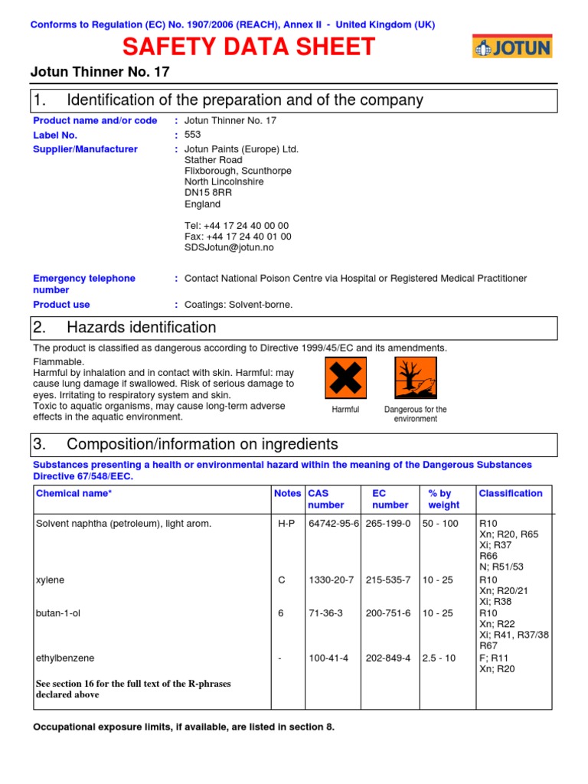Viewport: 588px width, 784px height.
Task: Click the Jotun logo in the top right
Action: point(511,47)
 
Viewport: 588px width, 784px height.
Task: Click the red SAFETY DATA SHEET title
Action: point(249,47)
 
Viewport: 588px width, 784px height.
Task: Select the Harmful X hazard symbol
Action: point(345,377)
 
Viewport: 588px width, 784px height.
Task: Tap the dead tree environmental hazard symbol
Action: point(415,377)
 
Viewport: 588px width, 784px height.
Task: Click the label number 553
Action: point(193,135)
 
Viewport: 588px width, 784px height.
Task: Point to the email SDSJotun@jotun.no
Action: point(229,248)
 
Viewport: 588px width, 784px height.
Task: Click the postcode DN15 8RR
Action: point(207,193)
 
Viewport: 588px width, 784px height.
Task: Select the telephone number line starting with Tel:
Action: point(237,226)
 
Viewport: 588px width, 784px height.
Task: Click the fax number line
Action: point(237,237)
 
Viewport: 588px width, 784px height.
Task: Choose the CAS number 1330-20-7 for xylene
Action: point(331,580)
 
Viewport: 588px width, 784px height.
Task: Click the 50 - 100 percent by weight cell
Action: point(440,524)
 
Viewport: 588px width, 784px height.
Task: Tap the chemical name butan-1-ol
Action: point(58,613)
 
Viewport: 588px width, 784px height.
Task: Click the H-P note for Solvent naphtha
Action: point(286,524)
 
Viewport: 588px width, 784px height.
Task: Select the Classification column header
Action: point(510,494)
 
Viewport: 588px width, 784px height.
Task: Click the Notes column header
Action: point(287,494)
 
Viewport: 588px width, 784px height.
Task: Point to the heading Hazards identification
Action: point(142,328)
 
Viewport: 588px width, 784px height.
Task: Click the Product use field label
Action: point(61,305)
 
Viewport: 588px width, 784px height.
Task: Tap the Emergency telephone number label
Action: point(83,284)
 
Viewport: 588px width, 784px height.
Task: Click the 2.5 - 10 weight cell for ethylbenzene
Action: point(439,658)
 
